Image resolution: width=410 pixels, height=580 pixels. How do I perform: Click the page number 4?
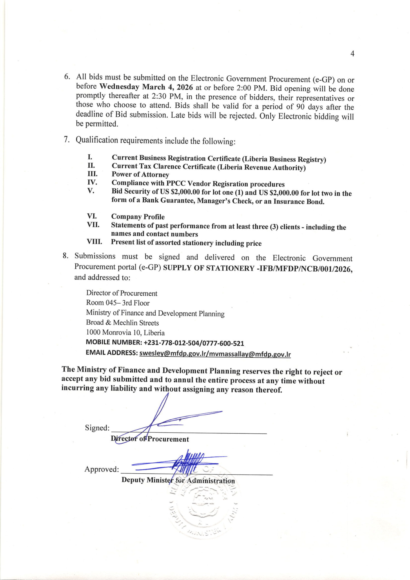pyautogui.click(x=353, y=53)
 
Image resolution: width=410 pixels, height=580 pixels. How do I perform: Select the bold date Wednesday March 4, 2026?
pyautogui.click(x=146, y=87)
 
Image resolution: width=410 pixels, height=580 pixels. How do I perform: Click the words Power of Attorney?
pyautogui.click(x=140, y=174)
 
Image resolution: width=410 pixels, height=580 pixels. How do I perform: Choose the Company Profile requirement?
pyautogui.click(x=138, y=217)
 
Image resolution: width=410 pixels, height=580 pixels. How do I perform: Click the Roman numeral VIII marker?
pyautogui.click(x=94, y=242)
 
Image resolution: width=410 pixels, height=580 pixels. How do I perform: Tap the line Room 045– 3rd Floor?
pyautogui.click(x=118, y=303)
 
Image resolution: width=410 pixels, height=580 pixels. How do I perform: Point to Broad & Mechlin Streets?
pyautogui.click(x=122, y=323)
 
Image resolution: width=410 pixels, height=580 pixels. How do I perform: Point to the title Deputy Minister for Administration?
pyautogui.click(x=178, y=480)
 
